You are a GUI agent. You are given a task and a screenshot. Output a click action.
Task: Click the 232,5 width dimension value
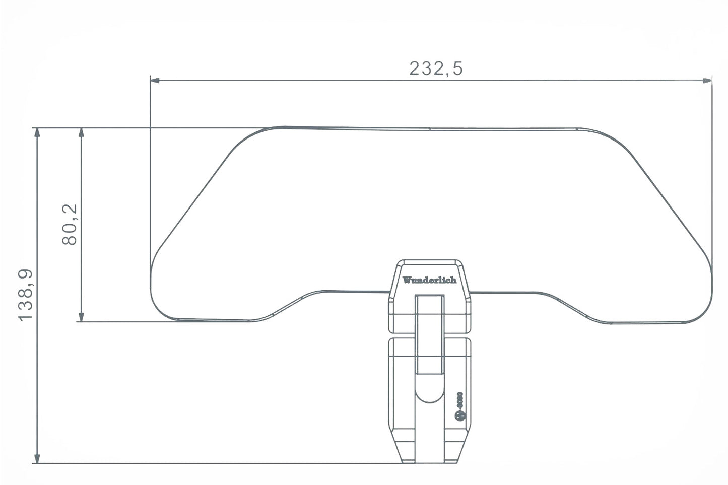pyautogui.click(x=435, y=68)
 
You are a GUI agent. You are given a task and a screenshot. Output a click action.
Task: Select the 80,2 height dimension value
pyautogui.click(x=70, y=225)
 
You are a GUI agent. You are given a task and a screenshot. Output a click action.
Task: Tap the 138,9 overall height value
pyautogui.click(x=25, y=295)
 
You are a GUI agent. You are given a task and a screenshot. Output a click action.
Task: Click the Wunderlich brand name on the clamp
pyautogui.click(x=429, y=280)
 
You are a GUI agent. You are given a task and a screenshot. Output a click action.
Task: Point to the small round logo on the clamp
pyautogui.click(x=459, y=415)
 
